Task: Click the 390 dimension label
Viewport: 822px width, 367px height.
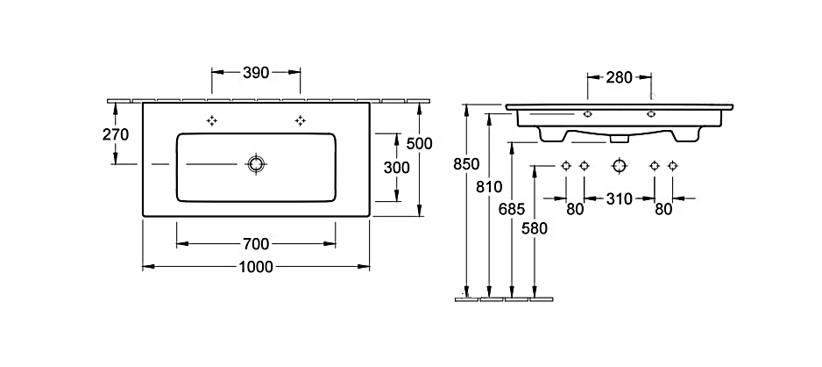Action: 256,73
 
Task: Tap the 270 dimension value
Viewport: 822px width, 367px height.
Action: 116,135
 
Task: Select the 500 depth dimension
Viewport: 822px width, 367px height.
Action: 420,143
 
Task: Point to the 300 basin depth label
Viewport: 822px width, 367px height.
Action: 397,168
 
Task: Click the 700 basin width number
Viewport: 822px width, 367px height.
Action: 256,244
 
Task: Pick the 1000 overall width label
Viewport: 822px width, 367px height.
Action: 256,267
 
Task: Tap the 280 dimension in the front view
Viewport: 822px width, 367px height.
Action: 619,78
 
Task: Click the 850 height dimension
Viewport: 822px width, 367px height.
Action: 466,164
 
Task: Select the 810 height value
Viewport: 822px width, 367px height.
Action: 490,186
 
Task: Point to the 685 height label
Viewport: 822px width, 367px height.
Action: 512,210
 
